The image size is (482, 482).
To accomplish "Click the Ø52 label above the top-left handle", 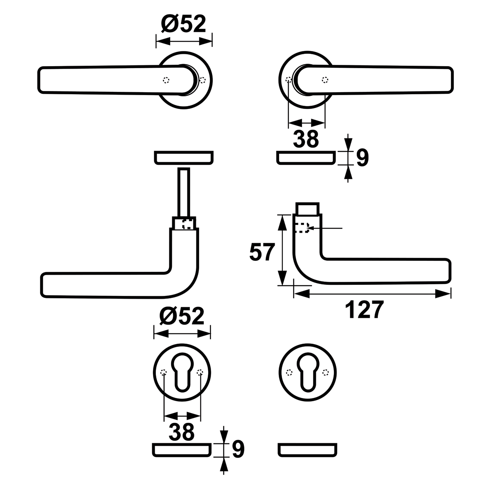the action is [184, 24].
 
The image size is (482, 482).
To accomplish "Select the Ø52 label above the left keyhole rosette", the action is [182, 316].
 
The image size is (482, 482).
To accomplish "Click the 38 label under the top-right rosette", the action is [306, 139].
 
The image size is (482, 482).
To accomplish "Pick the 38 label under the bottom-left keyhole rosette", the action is [182, 431].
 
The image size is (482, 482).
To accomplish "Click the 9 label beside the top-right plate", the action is [362, 158].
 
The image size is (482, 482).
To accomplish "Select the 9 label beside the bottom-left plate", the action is [238, 449].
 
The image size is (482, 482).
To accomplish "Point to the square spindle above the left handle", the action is [184, 192].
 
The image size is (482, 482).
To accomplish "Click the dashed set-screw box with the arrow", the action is [302, 228].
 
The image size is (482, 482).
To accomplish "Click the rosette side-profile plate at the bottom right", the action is [307, 450].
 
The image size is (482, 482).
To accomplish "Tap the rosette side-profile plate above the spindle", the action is [184, 158].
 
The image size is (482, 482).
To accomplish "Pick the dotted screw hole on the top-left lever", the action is [166, 80].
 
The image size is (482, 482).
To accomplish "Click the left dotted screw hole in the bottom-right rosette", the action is [289, 373].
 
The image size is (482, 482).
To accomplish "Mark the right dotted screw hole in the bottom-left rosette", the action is [200, 373].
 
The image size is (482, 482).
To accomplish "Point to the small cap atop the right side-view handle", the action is [307, 208].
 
